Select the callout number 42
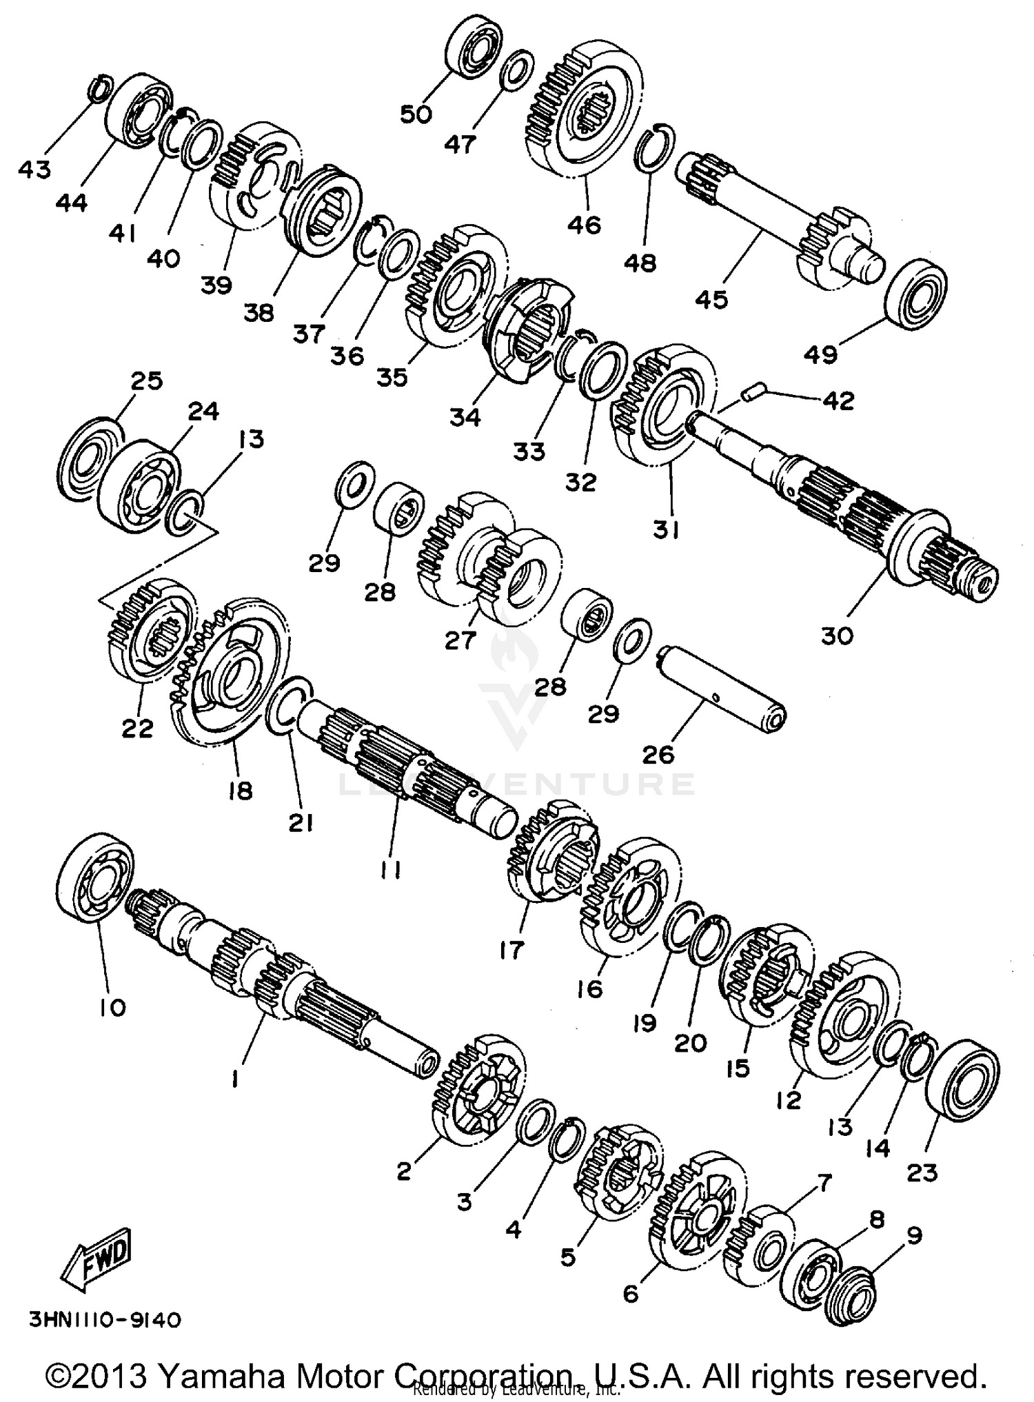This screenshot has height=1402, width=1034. tap(838, 400)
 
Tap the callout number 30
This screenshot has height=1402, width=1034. tap(837, 635)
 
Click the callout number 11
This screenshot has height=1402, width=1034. tap(390, 871)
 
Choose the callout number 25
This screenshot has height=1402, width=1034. tap(146, 380)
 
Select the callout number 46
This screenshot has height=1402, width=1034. tap(584, 225)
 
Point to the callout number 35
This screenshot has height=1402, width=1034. tap(392, 378)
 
